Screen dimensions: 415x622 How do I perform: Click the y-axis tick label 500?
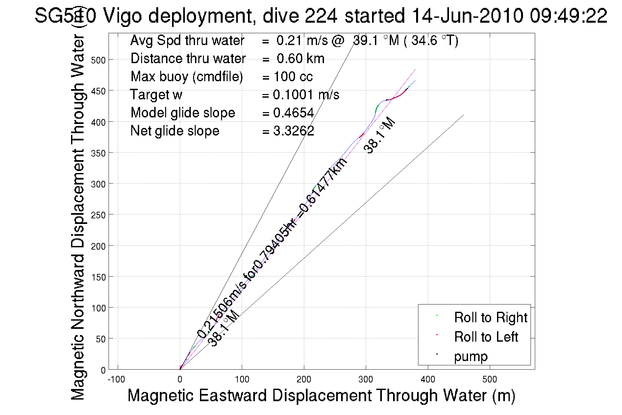[x=98, y=60]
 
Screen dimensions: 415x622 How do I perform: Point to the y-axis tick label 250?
[x=98, y=215]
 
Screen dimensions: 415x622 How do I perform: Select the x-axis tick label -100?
[x=116, y=379]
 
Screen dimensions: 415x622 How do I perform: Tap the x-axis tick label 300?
[x=366, y=379]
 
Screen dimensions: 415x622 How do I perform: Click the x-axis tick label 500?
[x=489, y=379]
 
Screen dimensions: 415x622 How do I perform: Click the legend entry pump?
[x=471, y=356]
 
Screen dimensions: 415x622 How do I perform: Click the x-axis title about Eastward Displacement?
[x=321, y=395]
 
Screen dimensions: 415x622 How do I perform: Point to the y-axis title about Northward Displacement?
[x=78, y=217]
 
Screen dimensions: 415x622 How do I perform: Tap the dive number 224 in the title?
[x=321, y=15]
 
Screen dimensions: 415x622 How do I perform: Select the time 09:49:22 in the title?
[x=568, y=15]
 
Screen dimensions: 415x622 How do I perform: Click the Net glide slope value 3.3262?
[x=293, y=131]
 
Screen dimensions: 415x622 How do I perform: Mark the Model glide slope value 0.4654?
[x=293, y=113]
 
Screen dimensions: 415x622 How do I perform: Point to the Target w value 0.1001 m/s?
[x=306, y=95]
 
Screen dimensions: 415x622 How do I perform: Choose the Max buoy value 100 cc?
[x=293, y=77]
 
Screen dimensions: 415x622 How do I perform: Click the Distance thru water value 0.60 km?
[x=300, y=59]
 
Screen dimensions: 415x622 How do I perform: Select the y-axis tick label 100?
[x=98, y=308]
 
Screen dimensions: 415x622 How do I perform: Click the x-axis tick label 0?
[x=180, y=379]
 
